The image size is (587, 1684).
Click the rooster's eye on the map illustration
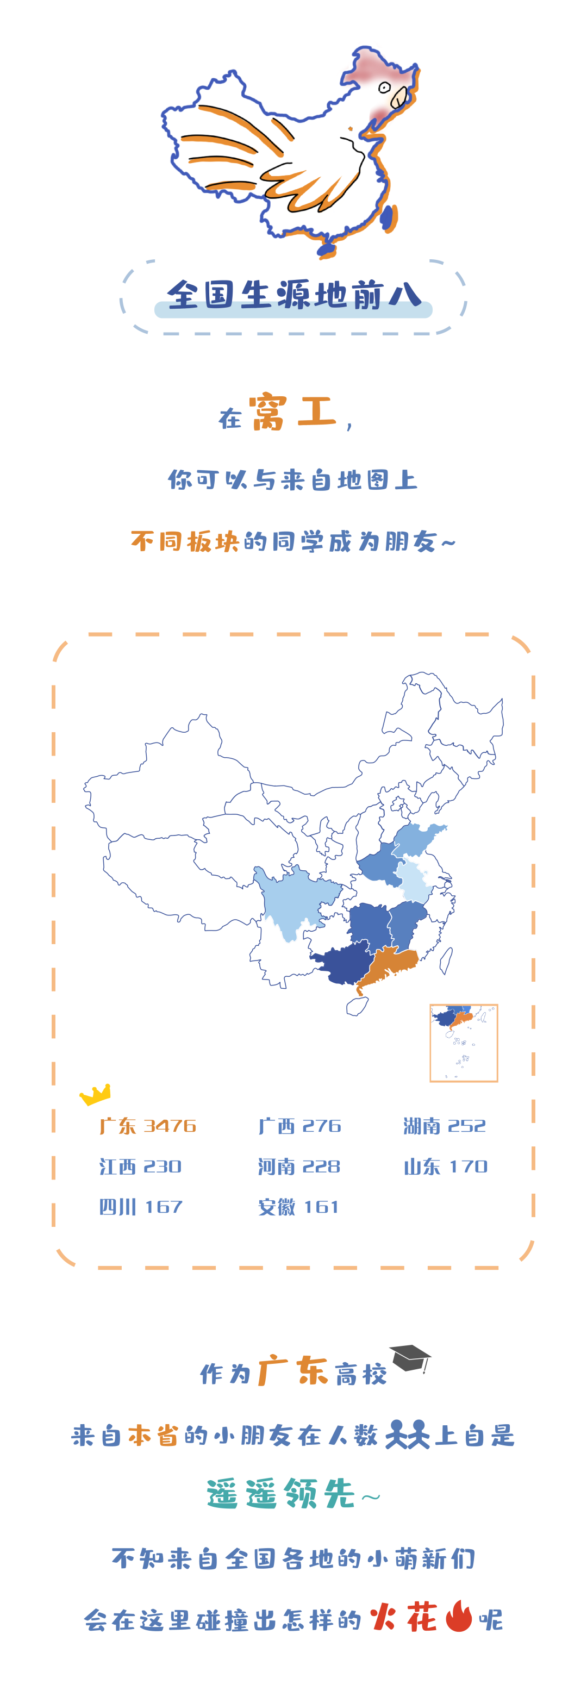pyautogui.click(x=385, y=88)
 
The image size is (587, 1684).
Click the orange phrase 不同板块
pyautogui.click(x=185, y=541)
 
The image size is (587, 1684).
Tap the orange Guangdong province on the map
pyautogui.click(x=389, y=964)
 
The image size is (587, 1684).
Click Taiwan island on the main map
pyautogui.click(x=446, y=959)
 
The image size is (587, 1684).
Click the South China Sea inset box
pyautogui.click(x=464, y=1042)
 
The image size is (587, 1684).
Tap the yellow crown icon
pyautogui.click(x=96, y=1093)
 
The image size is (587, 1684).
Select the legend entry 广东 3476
pyautogui.click(x=148, y=1126)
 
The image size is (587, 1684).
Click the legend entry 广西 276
pyautogui.click(x=299, y=1126)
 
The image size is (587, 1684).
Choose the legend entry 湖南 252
pyautogui.click(x=445, y=1126)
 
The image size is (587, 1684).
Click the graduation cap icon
pyautogui.click(x=410, y=1357)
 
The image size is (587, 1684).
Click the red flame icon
pyautogui.click(x=459, y=1617)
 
